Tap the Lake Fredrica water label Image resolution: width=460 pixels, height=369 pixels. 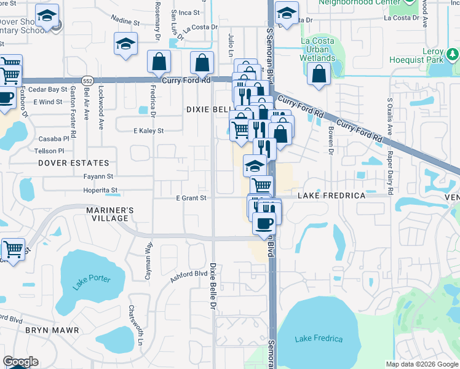[319, 339]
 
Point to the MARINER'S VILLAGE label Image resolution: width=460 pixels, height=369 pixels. [105, 214]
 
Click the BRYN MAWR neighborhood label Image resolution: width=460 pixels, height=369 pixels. [52, 330]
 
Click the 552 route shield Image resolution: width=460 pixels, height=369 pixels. [89, 81]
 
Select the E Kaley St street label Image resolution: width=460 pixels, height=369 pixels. [149, 130]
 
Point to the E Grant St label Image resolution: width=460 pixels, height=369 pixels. [191, 198]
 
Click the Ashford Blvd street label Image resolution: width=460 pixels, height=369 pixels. [189, 277]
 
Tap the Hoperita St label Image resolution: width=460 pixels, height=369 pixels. [100, 191]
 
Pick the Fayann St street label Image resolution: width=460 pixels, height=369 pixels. [99, 177]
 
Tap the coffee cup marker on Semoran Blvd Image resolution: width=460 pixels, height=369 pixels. [264, 223]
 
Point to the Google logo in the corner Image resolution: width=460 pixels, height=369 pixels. [20, 362]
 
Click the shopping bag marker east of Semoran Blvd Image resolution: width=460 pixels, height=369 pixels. [319, 74]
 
